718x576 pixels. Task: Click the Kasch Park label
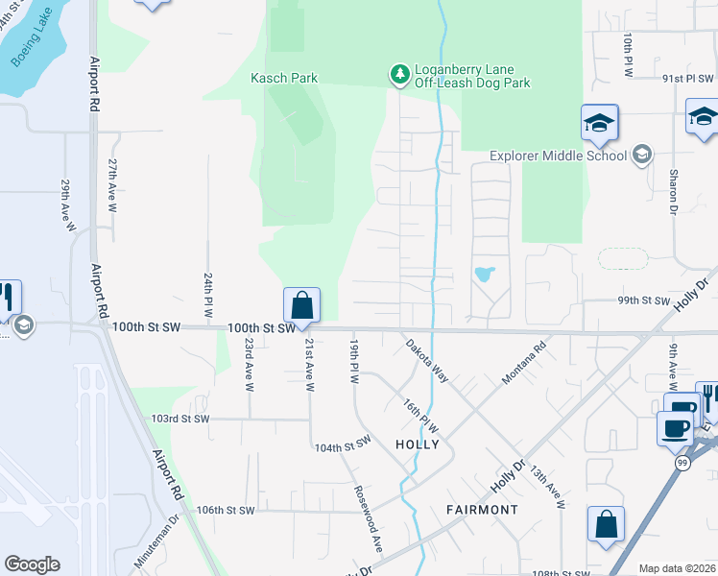point(283,78)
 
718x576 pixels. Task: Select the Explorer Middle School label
point(559,156)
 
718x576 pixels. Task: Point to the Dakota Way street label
point(426,360)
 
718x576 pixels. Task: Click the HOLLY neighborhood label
point(418,444)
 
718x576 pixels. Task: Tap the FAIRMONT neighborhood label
point(482,509)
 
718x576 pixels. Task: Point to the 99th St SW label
point(643,300)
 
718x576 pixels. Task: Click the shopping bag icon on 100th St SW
point(301,305)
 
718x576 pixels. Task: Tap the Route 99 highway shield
point(679,464)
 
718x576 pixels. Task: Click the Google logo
point(32,564)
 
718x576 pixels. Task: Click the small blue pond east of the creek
point(485,274)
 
